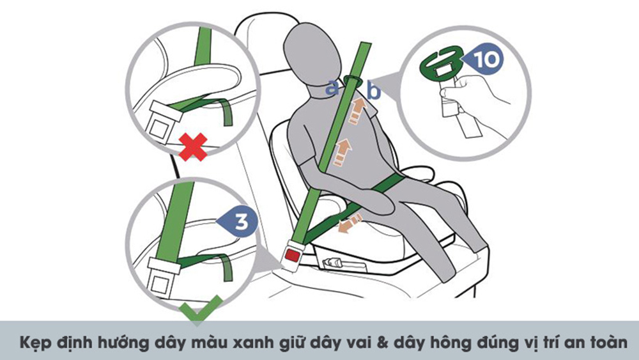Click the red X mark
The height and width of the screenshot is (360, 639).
click(x=193, y=146)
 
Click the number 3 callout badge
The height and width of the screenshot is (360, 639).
click(x=238, y=221)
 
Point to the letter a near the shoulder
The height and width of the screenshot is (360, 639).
click(x=332, y=88)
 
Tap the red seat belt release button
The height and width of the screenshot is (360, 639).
click(x=292, y=255)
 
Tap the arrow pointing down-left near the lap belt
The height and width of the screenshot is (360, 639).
click(x=350, y=224)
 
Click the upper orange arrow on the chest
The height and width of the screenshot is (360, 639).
click(x=357, y=109)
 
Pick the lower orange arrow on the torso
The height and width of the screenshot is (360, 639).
click(x=341, y=152)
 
